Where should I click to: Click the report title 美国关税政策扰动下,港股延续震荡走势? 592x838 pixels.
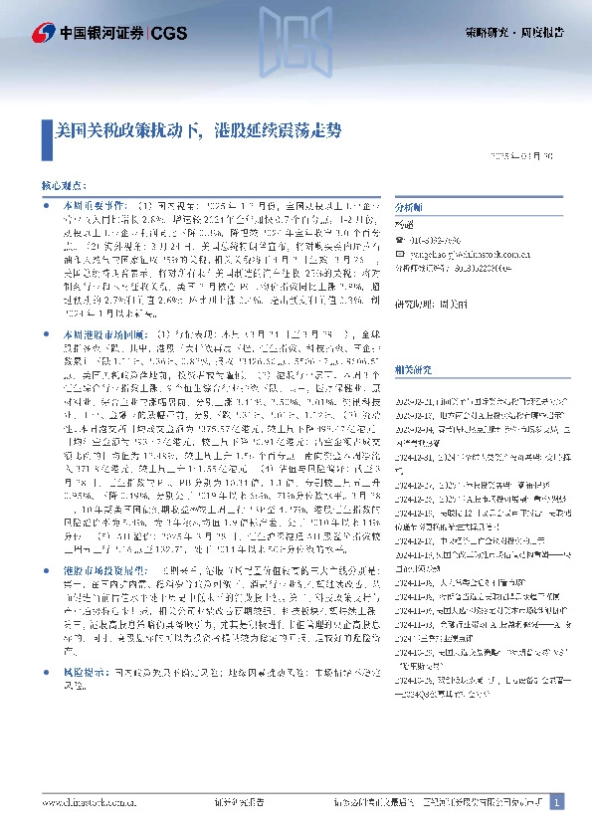pyautogui.click(x=198, y=130)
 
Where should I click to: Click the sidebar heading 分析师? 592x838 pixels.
pyautogui.click(x=409, y=207)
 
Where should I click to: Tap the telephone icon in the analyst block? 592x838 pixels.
pyautogui.click(x=398, y=241)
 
